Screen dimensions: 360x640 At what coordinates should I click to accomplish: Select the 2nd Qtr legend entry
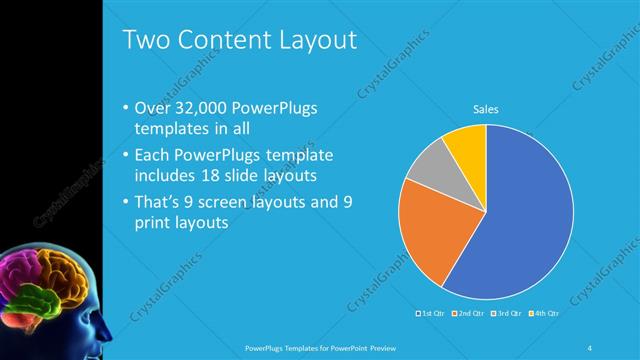(x=468, y=313)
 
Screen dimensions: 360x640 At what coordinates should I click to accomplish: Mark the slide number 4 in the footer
(x=590, y=347)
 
